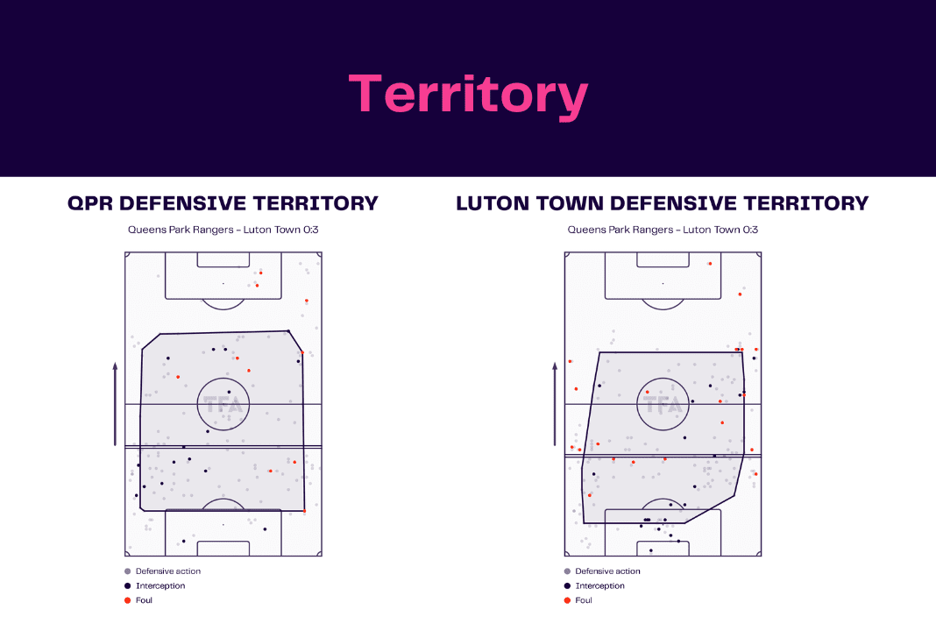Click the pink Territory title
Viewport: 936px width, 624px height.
[x=469, y=95]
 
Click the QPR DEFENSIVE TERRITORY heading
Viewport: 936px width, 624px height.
[x=223, y=203]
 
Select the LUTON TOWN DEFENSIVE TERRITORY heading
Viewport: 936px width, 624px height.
[x=662, y=203]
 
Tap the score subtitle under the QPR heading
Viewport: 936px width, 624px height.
[x=223, y=230]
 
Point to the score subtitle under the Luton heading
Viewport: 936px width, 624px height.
[x=663, y=230]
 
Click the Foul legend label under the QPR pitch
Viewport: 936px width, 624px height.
[x=144, y=600]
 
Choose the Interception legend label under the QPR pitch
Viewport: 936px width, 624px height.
[x=160, y=585]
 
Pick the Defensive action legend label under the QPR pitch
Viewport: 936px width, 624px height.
[x=168, y=571]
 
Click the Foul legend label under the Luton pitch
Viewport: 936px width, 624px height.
[x=584, y=600]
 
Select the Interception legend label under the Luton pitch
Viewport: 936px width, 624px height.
[x=600, y=585]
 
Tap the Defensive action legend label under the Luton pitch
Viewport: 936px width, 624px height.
[x=607, y=571]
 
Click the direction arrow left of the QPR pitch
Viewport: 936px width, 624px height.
[x=115, y=404]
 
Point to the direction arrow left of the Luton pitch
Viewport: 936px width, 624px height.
[x=555, y=404]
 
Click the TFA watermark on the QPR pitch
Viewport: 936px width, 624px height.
[x=223, y=406]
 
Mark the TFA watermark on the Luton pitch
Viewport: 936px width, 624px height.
[x=663, y=406]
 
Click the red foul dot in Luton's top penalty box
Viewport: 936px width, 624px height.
[x=710, y=263]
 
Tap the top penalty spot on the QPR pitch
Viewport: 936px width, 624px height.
[x=223, y=284]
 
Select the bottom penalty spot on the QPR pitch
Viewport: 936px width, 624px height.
[x=223, y=525]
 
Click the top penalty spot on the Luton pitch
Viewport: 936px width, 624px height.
[x=663, y=284]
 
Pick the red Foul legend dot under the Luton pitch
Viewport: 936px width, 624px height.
[x=567, y=600]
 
